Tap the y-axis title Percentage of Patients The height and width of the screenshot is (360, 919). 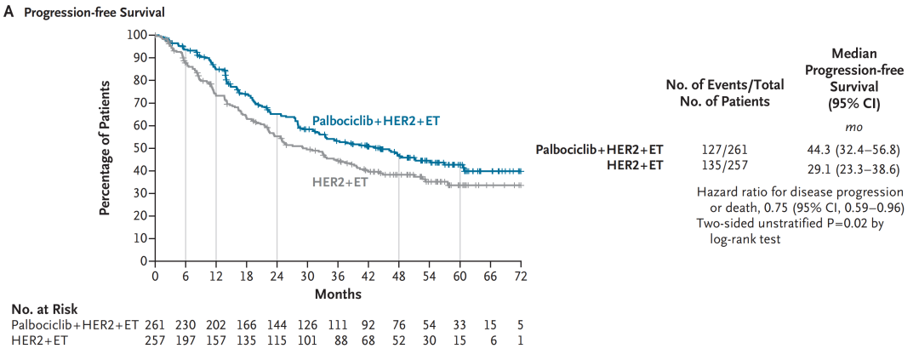(106, 148)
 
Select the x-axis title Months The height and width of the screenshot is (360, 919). (338, 294)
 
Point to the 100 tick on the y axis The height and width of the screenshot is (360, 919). (138, 35)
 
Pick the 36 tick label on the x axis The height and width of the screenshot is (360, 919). (338, 277)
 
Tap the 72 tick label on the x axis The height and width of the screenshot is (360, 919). (522, 277)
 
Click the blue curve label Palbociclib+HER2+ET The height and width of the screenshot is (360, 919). (375, 122)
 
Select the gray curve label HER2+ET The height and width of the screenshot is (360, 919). (340, 181)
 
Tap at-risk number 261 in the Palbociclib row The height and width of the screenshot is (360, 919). (155, 325)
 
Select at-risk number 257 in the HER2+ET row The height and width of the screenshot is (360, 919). (155, 340)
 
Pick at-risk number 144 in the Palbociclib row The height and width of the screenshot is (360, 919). (277, 325)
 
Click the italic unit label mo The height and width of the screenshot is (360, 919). (854, 127)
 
